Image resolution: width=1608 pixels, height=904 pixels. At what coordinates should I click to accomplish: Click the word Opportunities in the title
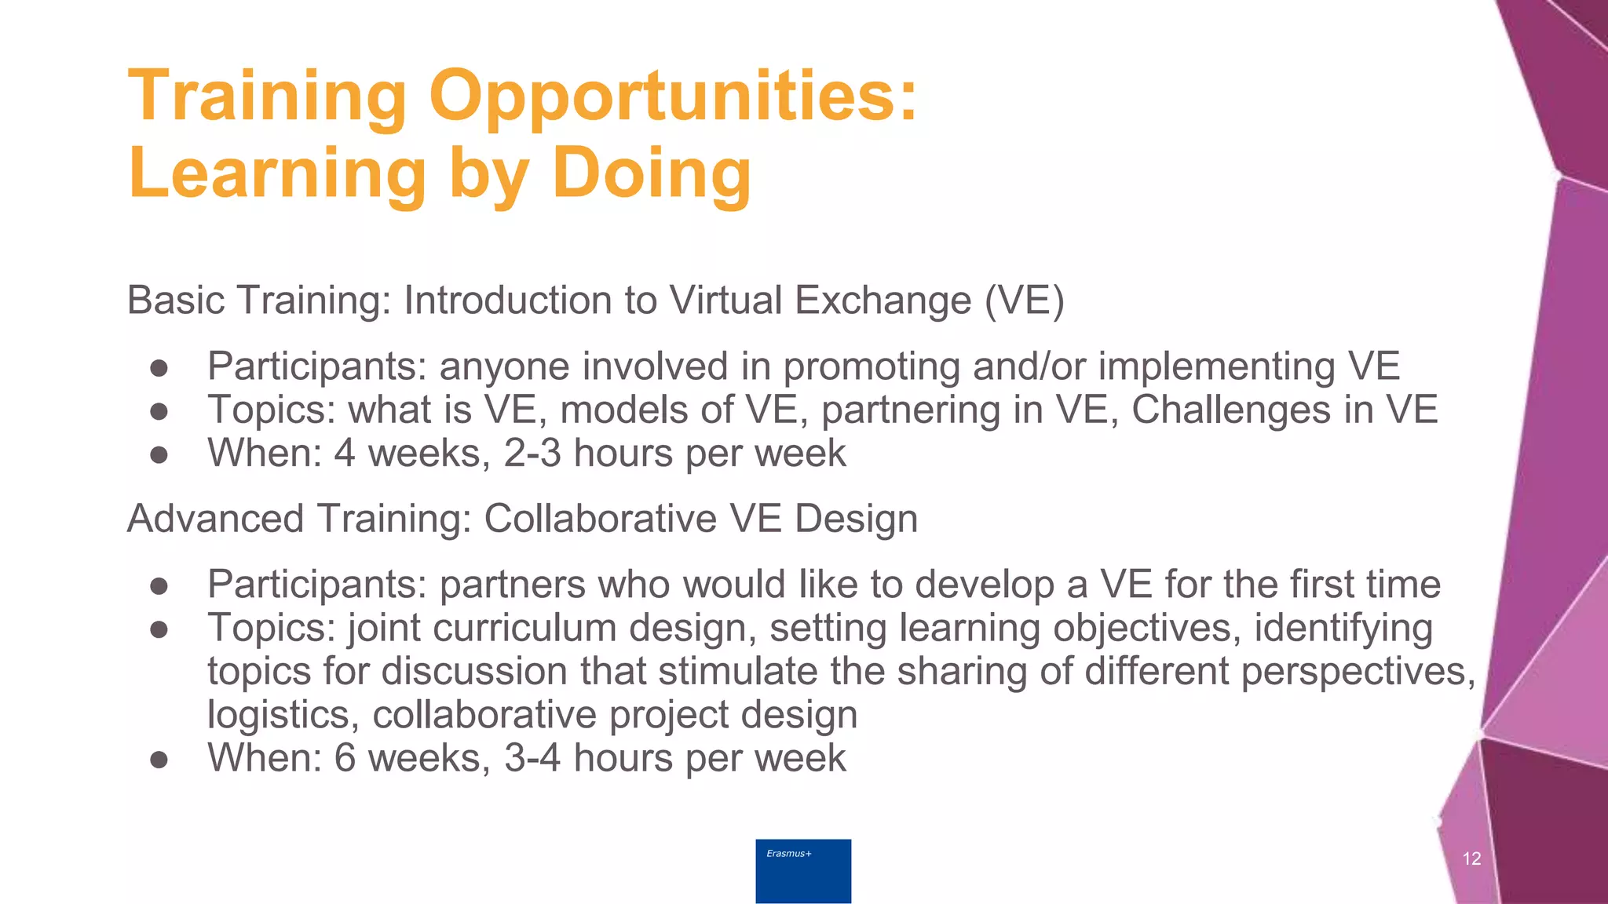click(x=673, y=97)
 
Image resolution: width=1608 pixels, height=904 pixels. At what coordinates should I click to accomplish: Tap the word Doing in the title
click(x=651, y=173)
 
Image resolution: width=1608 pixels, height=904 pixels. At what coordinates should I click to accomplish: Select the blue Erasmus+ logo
click(x=803, y=870)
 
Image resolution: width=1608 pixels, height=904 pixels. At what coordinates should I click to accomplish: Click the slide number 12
click(x=1471, y=858)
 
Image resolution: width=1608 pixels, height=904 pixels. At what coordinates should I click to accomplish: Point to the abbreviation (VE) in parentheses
click(x=1024, y=301)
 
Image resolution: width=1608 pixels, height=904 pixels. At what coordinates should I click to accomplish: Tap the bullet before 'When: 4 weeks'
click(x=159, y=454)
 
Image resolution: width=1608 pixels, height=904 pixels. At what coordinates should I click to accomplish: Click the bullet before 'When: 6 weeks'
click(x=159, y=759)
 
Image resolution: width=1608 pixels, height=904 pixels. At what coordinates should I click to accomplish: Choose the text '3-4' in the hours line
click(x=532, y=758)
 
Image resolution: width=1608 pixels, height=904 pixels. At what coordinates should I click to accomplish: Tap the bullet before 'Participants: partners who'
click(x=159, y=585)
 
